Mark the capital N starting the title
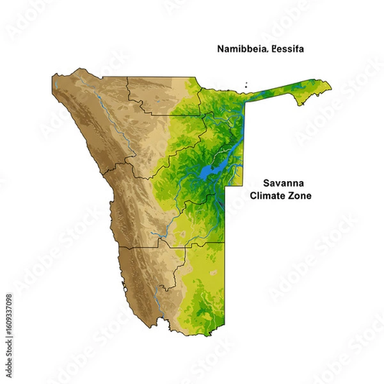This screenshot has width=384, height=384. pos(220,49)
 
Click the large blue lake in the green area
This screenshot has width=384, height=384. pos(209,172)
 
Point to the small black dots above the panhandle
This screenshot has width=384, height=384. pos(246,84)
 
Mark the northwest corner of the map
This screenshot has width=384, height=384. pos(53,77)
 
